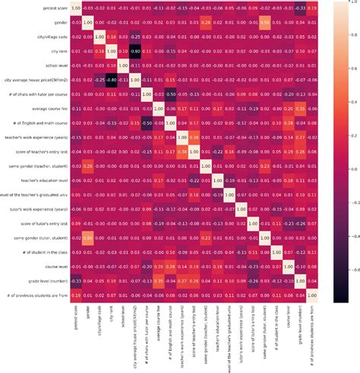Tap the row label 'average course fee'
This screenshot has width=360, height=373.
pyautogui.click(x=42, y=108)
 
